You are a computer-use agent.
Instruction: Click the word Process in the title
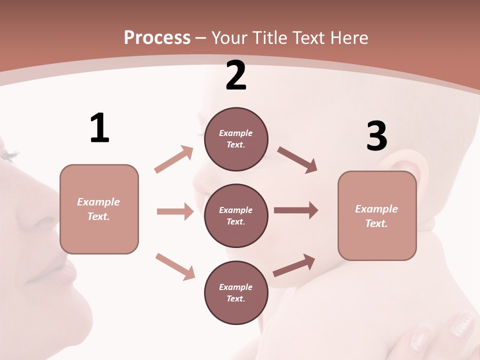point(157,38)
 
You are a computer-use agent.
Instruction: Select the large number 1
point(99,128)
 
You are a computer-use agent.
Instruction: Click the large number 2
point(236,75)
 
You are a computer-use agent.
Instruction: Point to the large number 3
point(377,136)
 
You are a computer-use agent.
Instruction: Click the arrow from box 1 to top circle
point(174,159)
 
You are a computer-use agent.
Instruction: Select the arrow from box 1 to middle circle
point(175,211)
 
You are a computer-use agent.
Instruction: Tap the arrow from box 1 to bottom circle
point(175,266)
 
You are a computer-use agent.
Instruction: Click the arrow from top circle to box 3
point(297,159)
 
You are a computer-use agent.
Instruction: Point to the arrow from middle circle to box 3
point(296,210)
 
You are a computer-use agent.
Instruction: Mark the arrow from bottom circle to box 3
point(294,265)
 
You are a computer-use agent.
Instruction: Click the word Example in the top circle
point(235,133)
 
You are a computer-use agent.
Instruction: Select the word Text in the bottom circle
point(235,298)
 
